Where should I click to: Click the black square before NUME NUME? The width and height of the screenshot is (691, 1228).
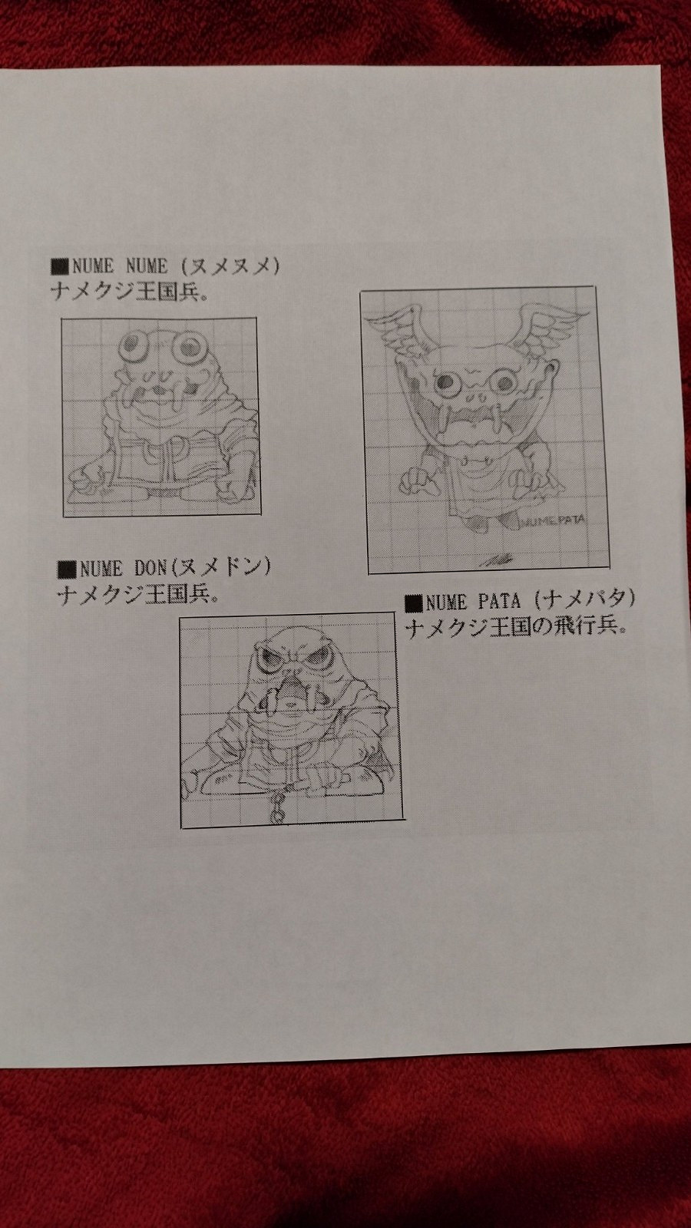pos(60,268)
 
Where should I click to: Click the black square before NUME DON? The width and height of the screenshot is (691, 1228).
pos(68,569)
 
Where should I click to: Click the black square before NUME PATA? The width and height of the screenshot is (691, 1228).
pos(414,600)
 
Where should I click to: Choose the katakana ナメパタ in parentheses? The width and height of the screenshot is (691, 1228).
pos(585,599)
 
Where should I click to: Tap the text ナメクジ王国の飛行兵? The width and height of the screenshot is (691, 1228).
pos(516,627)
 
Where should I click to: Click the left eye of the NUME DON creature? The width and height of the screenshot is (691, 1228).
pos(269,657)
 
